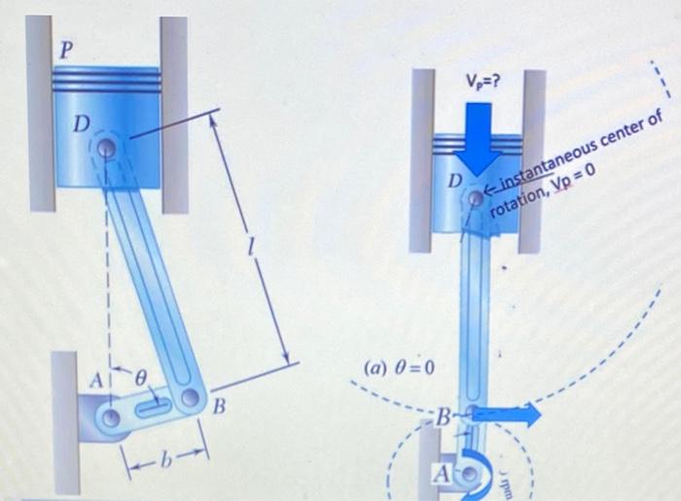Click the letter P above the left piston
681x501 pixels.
click(67, 47)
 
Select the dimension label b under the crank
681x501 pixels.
click(166, 457)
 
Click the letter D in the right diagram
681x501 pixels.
click(454, 182)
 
